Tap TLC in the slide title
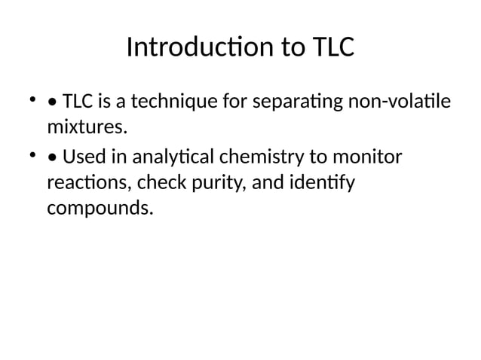coord(331,47)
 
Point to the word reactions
coord(83,182)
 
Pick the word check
coord(154,182)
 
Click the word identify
coord(322,182)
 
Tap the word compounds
coord(100,207)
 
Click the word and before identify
coord(266,182)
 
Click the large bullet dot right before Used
coord(51,158)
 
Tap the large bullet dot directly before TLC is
coord(51,100)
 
